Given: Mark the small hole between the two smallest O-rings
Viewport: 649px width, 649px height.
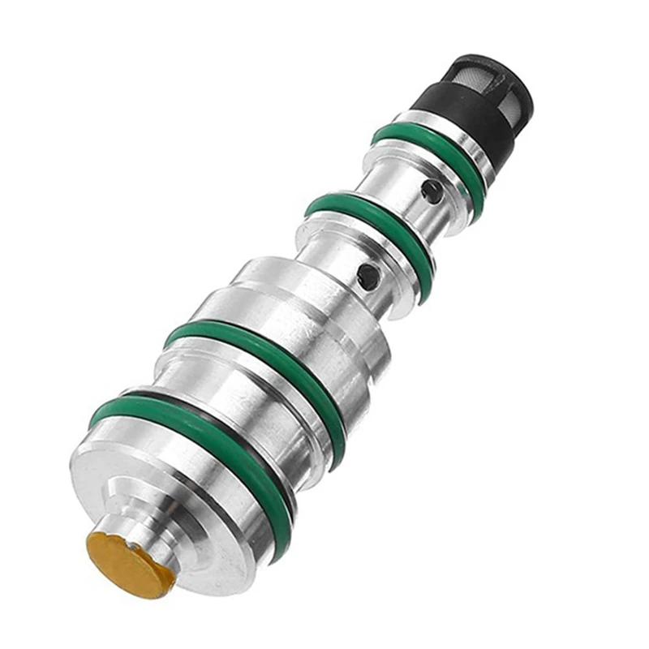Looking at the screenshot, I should tap(432, 192).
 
